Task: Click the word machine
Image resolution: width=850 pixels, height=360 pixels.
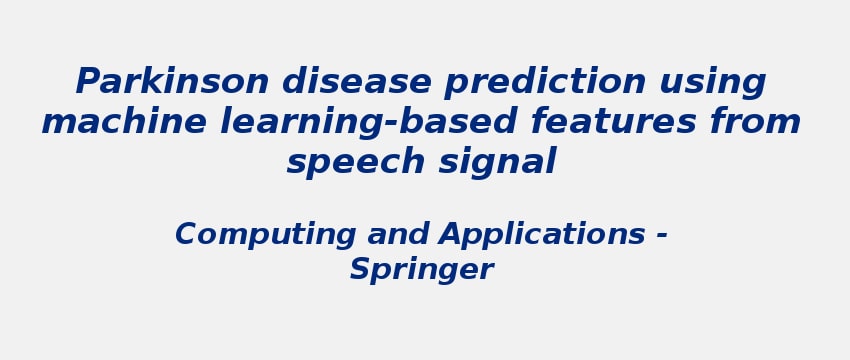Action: click(124, 122)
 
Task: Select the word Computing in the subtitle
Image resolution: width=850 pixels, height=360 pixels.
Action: click(265, 236)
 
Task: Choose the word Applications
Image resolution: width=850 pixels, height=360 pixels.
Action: click(541, 236)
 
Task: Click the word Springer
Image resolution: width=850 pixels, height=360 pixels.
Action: click(421, 270)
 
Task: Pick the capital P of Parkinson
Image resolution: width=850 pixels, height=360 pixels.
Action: click(89, 82)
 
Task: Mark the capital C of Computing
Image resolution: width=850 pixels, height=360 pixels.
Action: click(187, 235)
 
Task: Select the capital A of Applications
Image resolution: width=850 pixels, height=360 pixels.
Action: click(449, 235)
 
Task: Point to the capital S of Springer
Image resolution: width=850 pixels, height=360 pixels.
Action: click(359, 269)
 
